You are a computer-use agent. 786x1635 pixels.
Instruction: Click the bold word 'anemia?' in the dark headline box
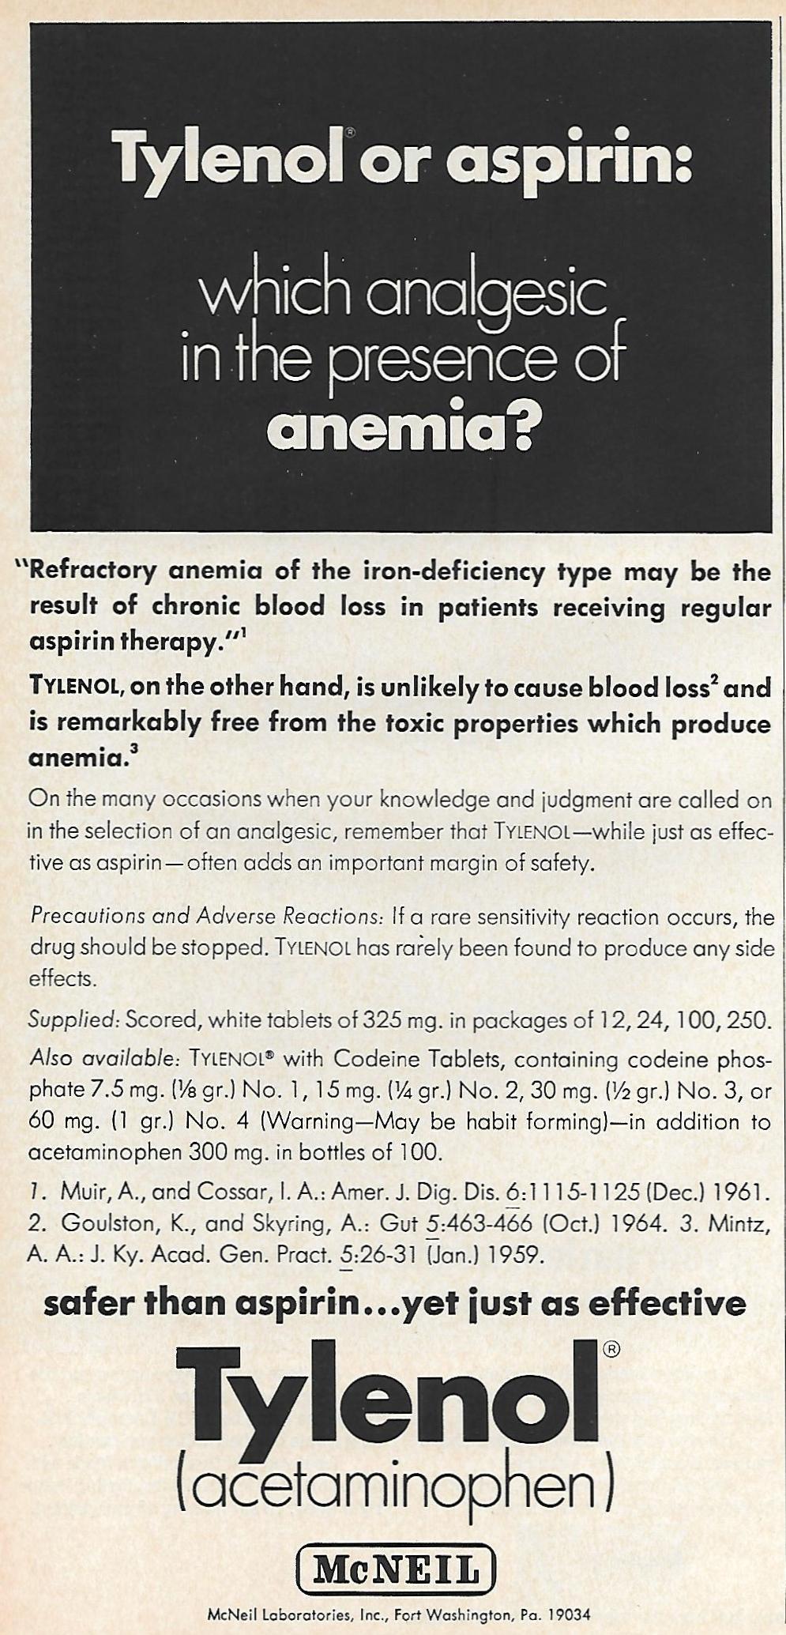[x=399, y=428]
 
